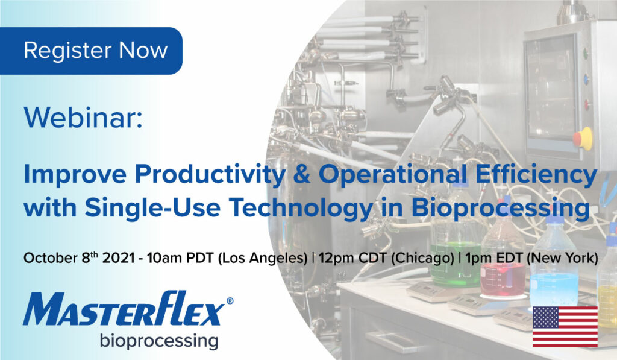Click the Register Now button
pyautogui.click(x=91, y=51)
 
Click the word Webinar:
pyautogui.click(x=83, y=117)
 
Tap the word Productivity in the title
pyautogui.click(x=210, y=174)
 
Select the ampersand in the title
pyautogui.click(x=302, y=174)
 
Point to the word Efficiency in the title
pyautogui.click(x=536, y=174)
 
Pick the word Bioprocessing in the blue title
pyautogui.click(x=501, y=207)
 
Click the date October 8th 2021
pyautogui.click(x=79, y=258)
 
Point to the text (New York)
pyautogui.click(x=562, y=258)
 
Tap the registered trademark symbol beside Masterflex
pyautogui.click(x=230, y=302)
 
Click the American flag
pyautogui.click(x=565, y=327)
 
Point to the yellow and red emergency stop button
pyautogui.click(x=583, y=138)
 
